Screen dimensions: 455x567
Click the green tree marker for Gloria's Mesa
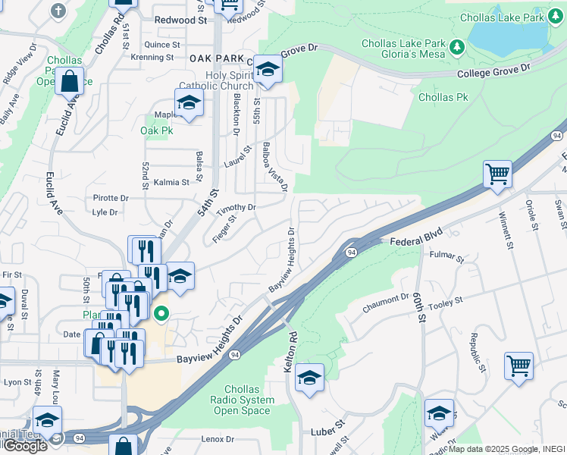[456, 48]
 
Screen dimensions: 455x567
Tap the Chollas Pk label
[443, 97]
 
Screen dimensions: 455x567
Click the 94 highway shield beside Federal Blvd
[351, 252]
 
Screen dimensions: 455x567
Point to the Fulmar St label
[446, 258]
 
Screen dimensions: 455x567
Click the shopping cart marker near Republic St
[519, 366]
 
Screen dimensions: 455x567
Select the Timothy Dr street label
[236, 207]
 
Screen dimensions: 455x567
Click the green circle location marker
[161, 312]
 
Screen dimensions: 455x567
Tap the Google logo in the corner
[24, 446]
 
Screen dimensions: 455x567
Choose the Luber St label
[327, 431]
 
